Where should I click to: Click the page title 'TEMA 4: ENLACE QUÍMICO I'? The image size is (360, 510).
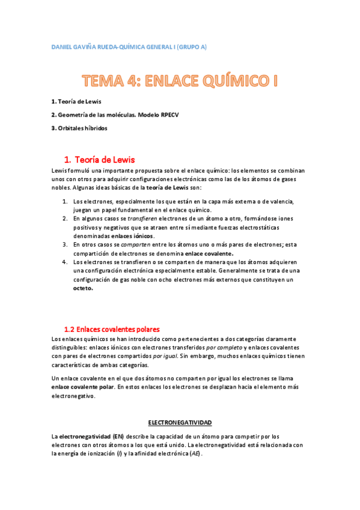(180, 81)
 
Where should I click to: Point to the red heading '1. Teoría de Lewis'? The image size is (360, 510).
(99, 160)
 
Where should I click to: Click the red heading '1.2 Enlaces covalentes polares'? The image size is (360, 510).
(112, 330)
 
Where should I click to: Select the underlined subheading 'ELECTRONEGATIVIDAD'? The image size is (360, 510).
(180, 423)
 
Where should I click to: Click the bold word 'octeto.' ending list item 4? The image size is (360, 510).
(84, 288)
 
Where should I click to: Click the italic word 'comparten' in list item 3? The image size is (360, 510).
(135, 245)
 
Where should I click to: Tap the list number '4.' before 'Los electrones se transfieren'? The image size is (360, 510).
(66, 262)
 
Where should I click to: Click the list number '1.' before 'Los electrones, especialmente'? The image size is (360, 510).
(66, 201)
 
